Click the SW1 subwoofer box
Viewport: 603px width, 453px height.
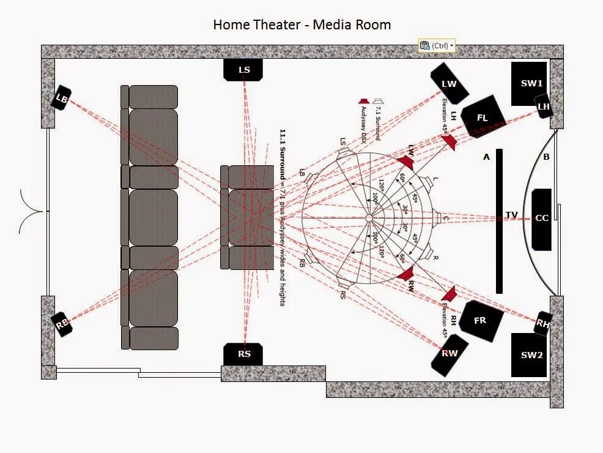tap(530, 83)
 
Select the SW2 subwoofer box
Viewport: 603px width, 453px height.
tap(530, 355)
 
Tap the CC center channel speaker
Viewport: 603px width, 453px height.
tap(542, 219)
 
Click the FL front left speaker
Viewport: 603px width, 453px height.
tap(483, 117)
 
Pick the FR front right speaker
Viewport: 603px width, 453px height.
tap(481, 320)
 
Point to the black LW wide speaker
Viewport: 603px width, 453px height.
tap(449, 84)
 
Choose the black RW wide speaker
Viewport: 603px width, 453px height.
tap(450, 353)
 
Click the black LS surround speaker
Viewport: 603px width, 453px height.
tap(244, 70)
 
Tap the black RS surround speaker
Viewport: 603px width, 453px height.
tap(244, 354)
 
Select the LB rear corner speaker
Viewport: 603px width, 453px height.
tap(61, 98)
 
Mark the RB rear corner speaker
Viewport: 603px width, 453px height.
tap(62, 324)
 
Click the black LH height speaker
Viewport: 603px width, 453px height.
tap(543, 107)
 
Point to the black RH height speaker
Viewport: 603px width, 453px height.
tap(542, 323)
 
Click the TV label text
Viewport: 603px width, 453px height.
tap(511, 215)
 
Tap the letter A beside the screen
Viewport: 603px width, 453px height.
tap(487, 157)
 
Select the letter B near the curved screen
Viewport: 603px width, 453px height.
tap(546, 157)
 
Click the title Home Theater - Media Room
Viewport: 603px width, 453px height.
tap(301, 25)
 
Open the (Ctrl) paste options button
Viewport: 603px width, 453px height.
tap(437, 46)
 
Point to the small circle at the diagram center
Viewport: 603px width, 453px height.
tap(369, 218)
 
